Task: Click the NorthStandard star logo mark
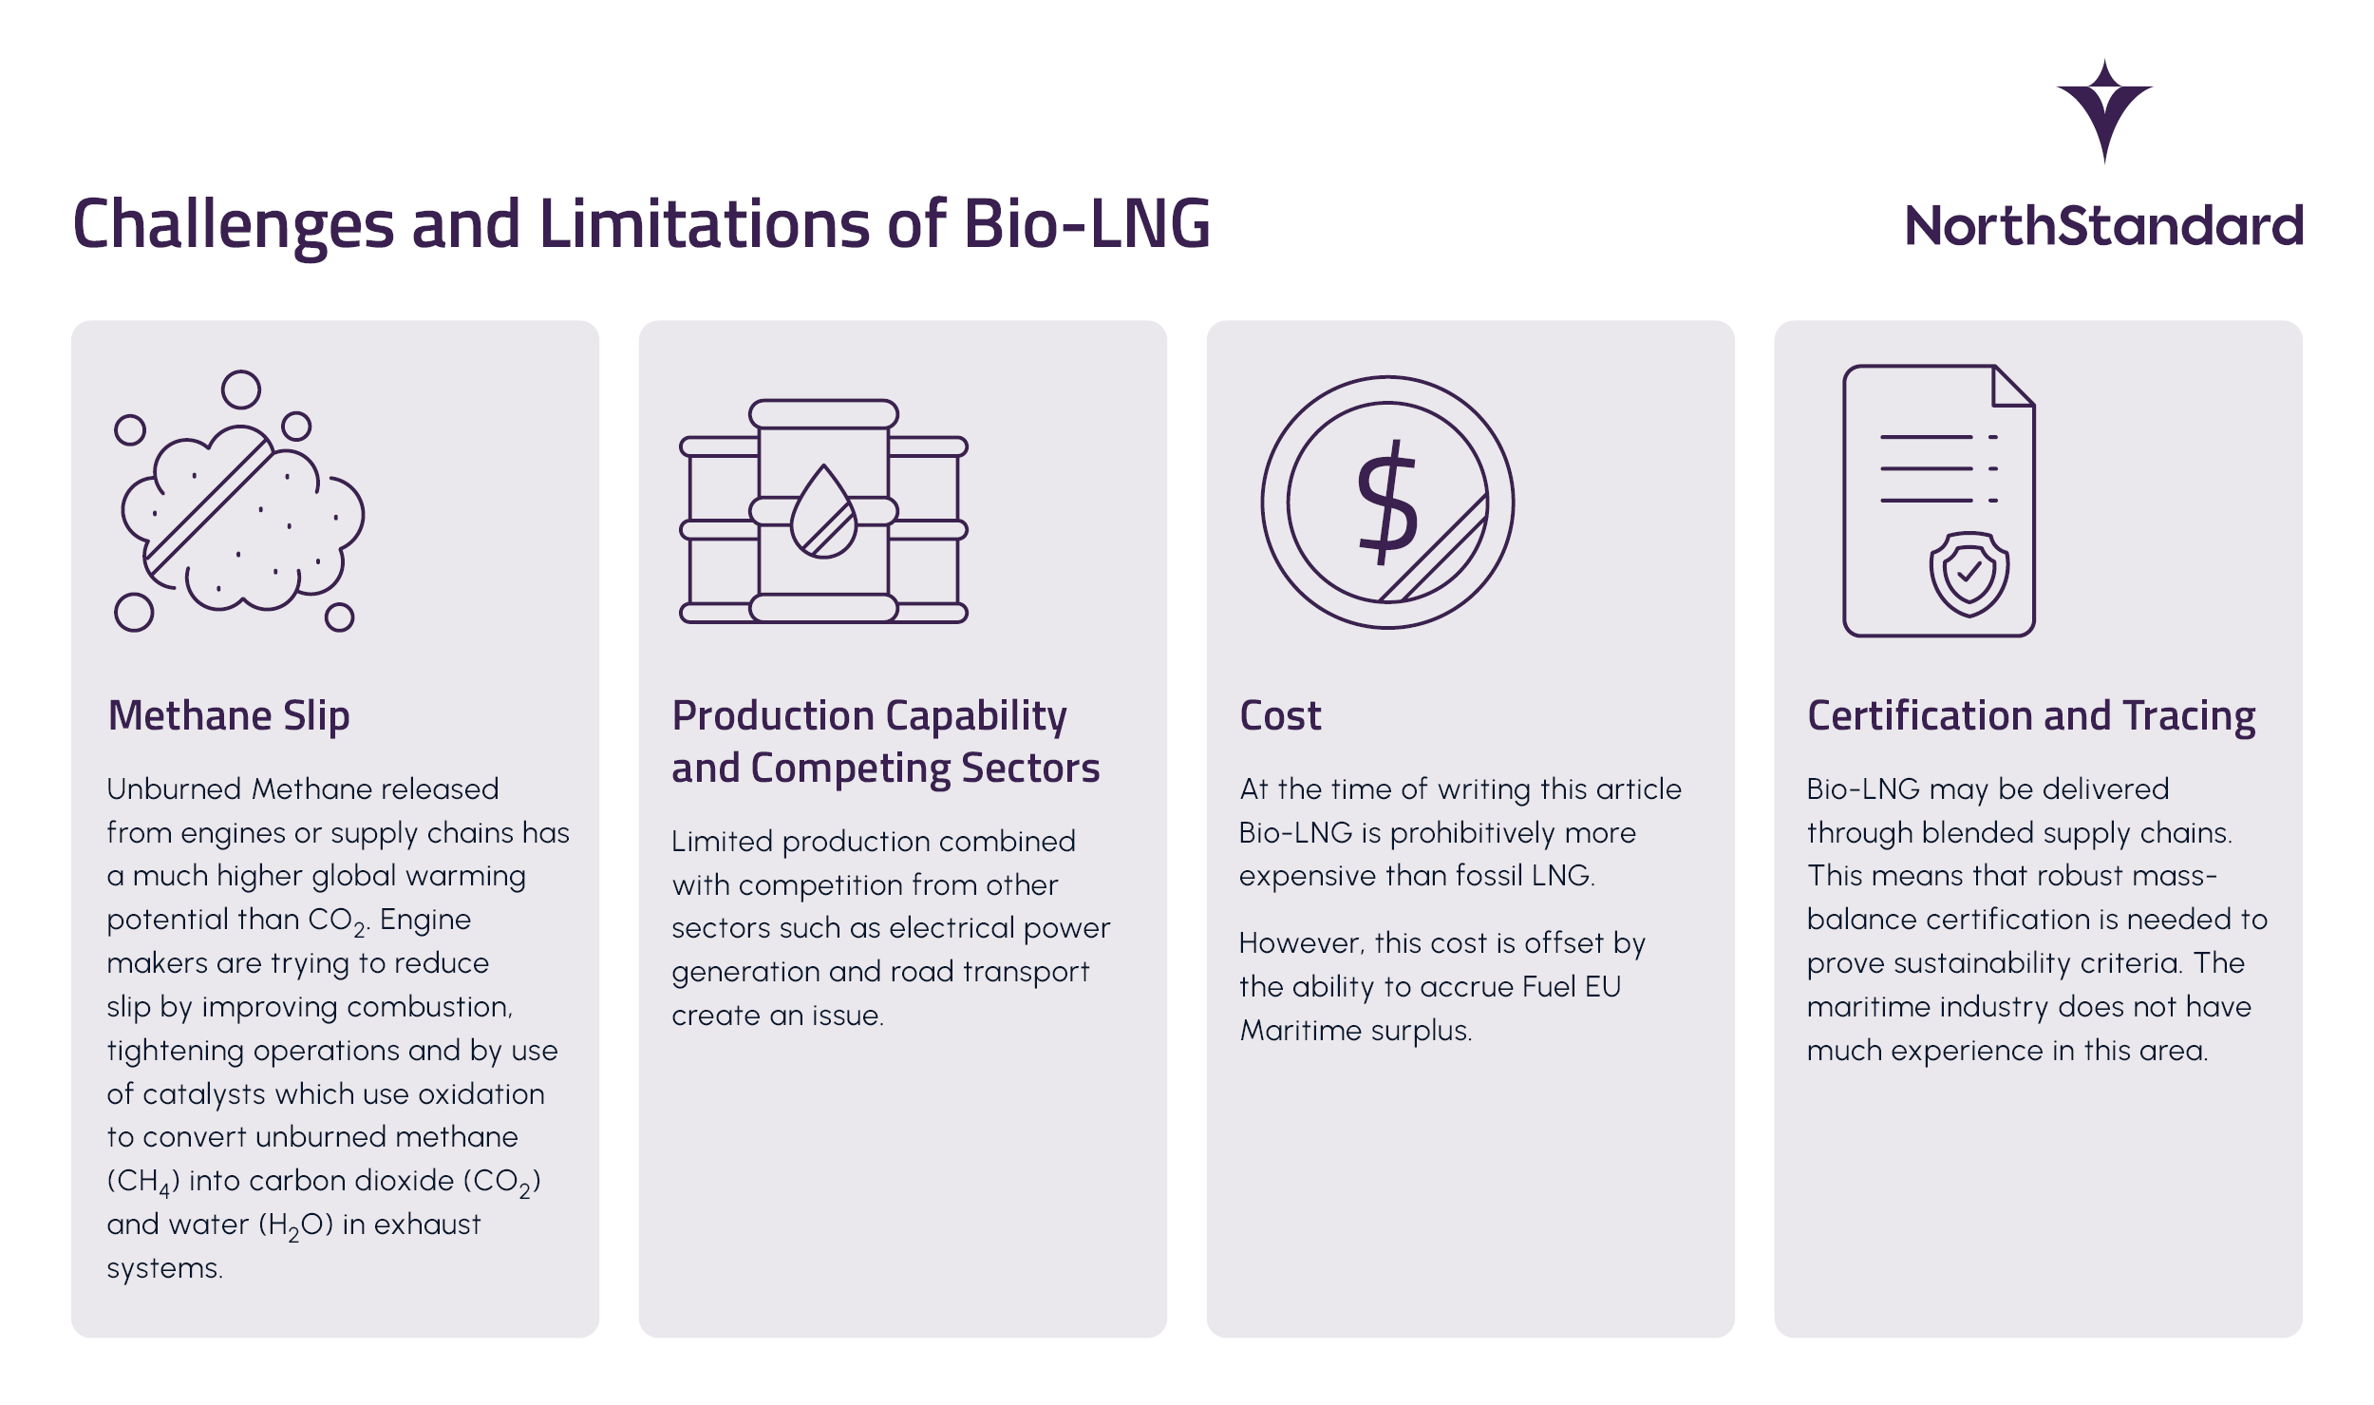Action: [2104, 109]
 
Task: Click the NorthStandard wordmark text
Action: [2104, 226]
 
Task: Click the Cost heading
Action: [1280, 716]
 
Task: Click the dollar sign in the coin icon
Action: [1387, 503]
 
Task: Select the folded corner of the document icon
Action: [2011, 388]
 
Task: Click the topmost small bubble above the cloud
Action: [241, 389]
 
